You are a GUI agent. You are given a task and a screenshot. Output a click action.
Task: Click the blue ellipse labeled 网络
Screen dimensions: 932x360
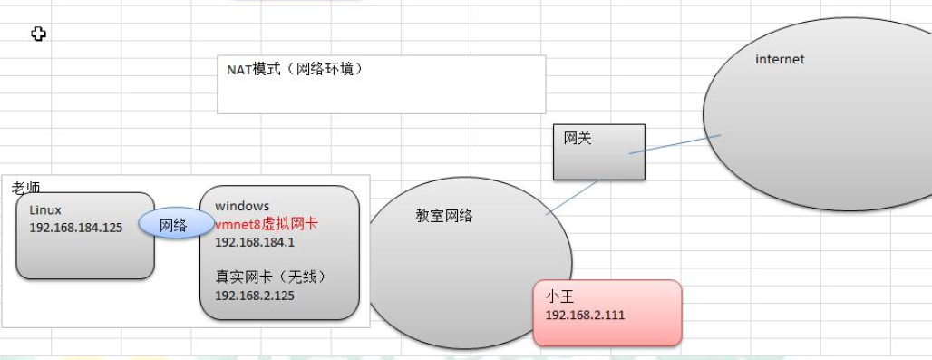[x=174, y=225]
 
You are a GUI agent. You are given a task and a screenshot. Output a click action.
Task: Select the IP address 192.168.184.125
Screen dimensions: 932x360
[x=76, y=227]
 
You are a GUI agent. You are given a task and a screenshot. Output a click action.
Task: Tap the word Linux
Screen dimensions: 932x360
[x=45, y=210]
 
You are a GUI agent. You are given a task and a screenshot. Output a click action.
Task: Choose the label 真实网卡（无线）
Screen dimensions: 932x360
[x=270, y=277]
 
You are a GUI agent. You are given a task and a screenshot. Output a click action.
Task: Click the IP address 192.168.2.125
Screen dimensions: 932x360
[x=255, y=295]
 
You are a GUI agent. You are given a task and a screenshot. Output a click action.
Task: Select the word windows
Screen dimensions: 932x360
[x=242, y=207]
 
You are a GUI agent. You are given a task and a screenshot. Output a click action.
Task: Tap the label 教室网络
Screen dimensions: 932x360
[x=444, y=216]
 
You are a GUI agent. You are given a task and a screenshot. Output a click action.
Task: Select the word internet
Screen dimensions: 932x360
[x=780, y=60]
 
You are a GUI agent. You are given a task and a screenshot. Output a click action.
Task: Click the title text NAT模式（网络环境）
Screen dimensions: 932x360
[x=295, y=69]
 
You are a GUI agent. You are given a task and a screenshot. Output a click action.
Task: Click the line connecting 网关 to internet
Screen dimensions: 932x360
[x=675, y=145]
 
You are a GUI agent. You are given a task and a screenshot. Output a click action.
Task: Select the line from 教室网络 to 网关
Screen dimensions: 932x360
[x=572, y=198]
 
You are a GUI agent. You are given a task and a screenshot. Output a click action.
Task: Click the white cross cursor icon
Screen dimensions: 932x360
[x=38, y=34]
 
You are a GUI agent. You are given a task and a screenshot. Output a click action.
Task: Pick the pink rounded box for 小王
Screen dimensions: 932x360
[x=607, y=313]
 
